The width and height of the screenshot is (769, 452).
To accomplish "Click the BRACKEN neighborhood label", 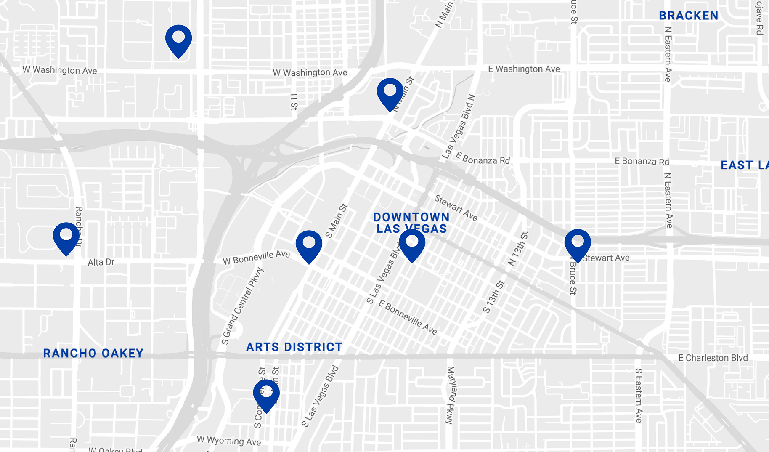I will (x=688, y=16).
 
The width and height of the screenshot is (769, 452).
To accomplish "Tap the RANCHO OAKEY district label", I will (x=93, y=353).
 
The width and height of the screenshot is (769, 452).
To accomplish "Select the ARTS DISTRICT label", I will (x=294, y=347).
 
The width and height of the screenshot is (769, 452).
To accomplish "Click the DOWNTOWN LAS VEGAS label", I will (x=411, y=223).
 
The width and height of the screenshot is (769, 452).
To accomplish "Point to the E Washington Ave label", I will (x=524, y=69).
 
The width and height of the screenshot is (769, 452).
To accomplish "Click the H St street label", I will (x=294, y=102).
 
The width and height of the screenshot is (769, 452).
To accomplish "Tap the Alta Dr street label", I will (x=101, y=262).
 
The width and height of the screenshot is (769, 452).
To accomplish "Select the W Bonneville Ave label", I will (x=256, y=257).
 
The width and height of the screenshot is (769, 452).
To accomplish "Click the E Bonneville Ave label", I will (x=408, y=317).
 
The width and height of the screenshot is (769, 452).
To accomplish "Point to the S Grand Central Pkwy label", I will (x=243, y=306).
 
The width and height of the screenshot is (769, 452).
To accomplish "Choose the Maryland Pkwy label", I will (x=450, y=395).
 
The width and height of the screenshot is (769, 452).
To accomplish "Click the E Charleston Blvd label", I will (x=713, y=358).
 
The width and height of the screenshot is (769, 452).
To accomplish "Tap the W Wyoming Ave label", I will (x=229, y=441).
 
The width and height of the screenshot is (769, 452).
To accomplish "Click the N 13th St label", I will (x=517, y=248).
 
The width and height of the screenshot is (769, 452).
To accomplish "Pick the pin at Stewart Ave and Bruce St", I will (x=577, y=244).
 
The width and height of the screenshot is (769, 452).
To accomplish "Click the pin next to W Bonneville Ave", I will (x=309, y=245).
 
